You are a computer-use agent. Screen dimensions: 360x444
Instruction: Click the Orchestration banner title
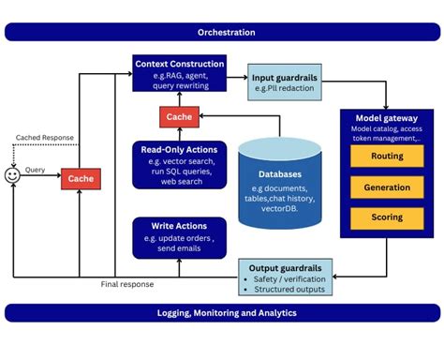click(221, 32)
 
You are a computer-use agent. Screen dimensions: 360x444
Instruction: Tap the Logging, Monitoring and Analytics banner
click(221, 312)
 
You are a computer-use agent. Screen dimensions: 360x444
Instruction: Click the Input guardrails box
click(286, 82)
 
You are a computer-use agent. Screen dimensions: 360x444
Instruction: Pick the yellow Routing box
click(387, 157)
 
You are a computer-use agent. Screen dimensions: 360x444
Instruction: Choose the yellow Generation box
click(387, 187)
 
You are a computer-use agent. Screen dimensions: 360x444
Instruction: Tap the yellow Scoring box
click(387, 217)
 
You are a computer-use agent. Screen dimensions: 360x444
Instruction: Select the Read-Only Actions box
click(179, 163)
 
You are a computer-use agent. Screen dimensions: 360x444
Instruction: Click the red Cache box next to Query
click(81, 177)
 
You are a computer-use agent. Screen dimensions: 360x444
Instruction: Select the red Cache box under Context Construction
click(179, 118)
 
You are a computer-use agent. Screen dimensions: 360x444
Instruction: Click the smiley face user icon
click(12, 175)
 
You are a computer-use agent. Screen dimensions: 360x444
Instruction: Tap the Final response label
click(126, 284)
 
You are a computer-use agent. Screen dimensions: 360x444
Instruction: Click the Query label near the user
click(36, 170)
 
